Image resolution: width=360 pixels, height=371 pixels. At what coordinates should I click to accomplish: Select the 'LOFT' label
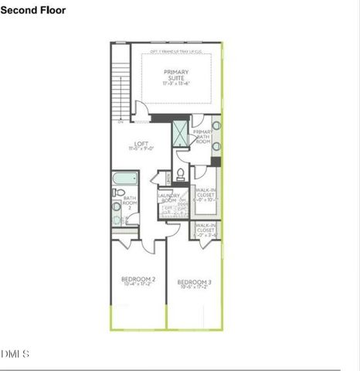(141, 144)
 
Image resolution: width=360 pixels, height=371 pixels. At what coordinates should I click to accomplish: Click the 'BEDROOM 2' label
(138, 279)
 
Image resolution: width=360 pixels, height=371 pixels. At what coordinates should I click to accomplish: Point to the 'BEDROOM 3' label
(194, 282)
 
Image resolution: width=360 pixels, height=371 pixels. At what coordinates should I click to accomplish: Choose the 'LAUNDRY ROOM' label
(169, 199)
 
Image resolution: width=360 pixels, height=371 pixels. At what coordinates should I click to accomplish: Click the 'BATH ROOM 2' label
(130, 203)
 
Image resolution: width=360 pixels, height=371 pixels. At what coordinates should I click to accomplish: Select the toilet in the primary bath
(180, 173)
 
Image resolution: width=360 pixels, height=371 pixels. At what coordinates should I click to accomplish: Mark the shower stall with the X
(180, 133)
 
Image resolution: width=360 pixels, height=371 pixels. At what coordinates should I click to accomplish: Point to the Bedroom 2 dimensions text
(138, 285)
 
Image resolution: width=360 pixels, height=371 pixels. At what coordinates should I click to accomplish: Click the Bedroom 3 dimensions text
(194, 288)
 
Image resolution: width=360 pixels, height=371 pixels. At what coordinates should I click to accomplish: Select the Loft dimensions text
(141, 150)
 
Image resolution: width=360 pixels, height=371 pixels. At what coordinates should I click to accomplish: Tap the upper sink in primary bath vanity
(217, 126)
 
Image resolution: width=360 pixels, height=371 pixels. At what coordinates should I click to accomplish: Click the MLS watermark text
(15, 354)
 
